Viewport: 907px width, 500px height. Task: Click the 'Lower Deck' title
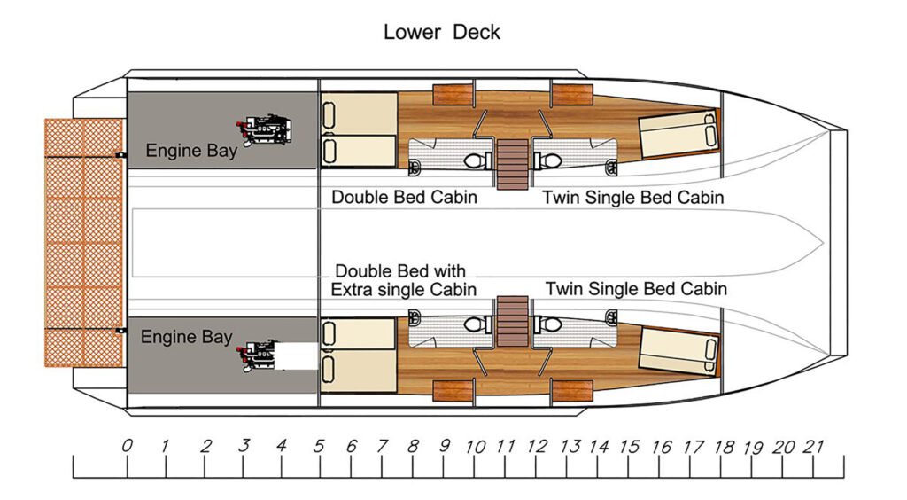point(441,33)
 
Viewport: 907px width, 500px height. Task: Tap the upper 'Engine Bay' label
point(191,151)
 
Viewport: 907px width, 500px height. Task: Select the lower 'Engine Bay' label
point(186,337)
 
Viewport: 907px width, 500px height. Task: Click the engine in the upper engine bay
point(264,131)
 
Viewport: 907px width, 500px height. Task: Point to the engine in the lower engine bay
point(258,356)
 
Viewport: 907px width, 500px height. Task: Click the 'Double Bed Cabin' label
point(404,197)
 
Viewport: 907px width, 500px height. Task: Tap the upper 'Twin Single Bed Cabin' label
point(632,197)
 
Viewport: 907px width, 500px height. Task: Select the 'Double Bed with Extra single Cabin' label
point(403,280)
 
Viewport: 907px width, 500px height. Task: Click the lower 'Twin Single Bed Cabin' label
point(636,289)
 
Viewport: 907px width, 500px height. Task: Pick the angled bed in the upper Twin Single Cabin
point(678,135)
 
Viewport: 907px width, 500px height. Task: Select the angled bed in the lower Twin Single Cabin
point(678,348)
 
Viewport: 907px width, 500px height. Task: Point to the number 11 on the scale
point(506,446)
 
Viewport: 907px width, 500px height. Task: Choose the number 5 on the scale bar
point(319,446)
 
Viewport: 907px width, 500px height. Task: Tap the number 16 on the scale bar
point(661,446)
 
